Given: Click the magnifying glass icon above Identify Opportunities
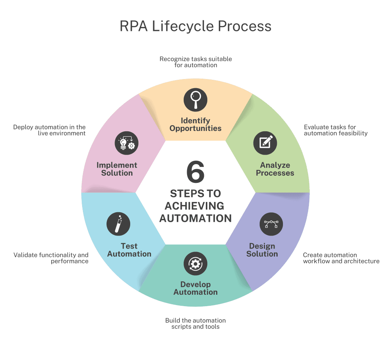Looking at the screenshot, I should (x=195, y=100).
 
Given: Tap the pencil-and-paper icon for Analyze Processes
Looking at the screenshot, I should (x=265, y=143).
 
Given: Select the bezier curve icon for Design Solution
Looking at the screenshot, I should (x=271, y=224).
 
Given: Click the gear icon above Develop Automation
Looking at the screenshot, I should (x=195, y=264).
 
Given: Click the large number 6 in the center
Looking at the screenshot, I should (x=195, y=172).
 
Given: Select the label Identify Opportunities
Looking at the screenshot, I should (x=195, y=124).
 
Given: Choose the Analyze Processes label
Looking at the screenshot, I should (x=275, y=169).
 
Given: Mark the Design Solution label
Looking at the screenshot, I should (x=262, y=250).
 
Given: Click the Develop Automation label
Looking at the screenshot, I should (x=195, y=288).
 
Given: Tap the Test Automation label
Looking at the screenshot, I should (x=129, y=250).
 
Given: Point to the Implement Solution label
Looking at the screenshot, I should (x=117, y=169).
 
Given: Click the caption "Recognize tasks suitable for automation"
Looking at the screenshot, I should (x=195, y=62).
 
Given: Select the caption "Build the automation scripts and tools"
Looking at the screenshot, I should (x=195, y=323).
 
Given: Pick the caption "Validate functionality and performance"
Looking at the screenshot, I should (x=51, y=258).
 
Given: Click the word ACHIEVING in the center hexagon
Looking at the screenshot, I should (x=194, y=206).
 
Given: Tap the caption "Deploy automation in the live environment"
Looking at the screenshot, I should (x=49, y=130).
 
